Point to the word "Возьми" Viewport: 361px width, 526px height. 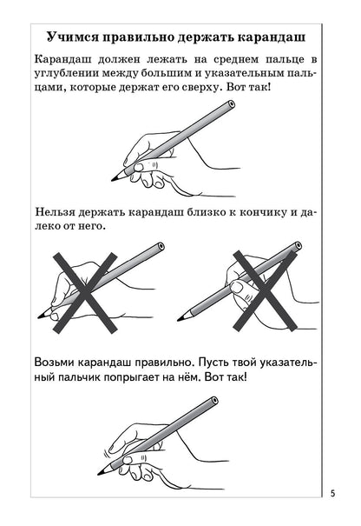click(59, 361)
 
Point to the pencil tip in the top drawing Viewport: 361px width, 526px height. click(113, 180)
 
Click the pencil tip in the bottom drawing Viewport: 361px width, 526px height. click(101, 474)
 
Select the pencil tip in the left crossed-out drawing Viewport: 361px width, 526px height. click(38, 316)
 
